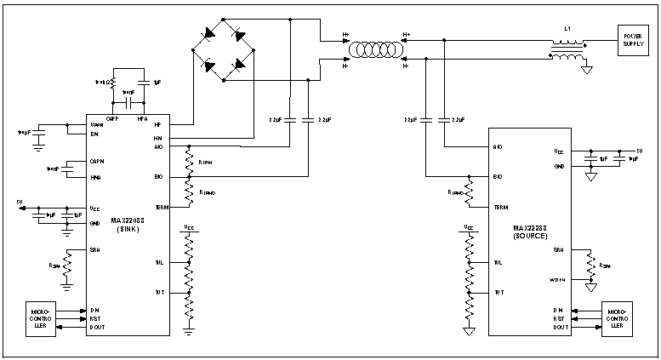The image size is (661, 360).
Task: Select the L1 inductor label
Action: point(567,28)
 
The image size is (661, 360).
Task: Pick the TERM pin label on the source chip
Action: point(501,207)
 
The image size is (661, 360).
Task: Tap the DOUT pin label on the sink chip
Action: point(97,328)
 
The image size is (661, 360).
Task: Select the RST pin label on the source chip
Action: point(558,317)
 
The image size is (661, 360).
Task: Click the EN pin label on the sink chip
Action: point(94,134)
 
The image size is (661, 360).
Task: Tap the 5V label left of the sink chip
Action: point(19,203)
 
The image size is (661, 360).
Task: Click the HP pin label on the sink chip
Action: point(158,125)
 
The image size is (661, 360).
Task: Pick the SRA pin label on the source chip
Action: point(558,250)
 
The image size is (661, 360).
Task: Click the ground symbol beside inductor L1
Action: point(587,70)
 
